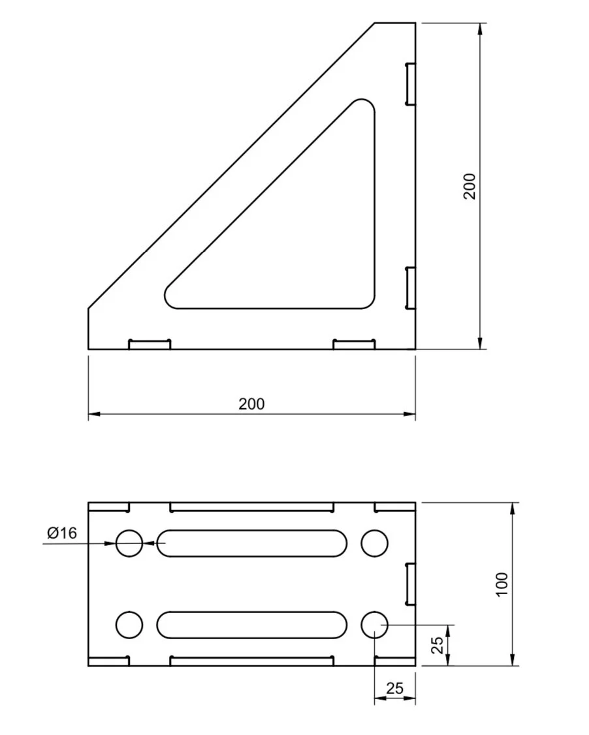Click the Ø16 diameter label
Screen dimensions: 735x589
[62, 533]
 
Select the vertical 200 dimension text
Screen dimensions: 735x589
[470, 186]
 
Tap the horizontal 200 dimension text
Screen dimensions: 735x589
[251, 404]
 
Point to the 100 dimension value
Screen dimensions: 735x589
[501, 585]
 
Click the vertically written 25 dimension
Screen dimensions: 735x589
[438, 645]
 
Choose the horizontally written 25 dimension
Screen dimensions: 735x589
[395, 688]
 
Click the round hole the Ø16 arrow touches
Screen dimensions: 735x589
[129, 543]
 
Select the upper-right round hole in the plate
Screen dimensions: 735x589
[374, 543]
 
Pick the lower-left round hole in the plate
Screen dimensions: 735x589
[129, 625]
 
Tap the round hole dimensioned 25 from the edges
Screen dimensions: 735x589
[374, 625]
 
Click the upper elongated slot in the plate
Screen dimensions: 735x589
[251, 543]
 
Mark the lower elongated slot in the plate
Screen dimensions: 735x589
[251, 625]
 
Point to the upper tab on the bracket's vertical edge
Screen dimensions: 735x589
[410, 83]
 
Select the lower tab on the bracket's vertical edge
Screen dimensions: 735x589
[410, 288]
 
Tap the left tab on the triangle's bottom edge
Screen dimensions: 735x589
[150, 344]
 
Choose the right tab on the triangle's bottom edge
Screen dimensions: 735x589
[354, 344]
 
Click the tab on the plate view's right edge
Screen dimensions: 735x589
[410, 584]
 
